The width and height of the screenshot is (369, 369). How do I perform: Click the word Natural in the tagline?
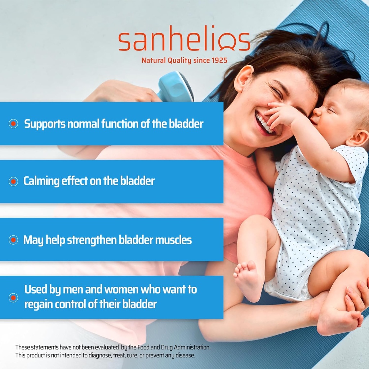(154, 60)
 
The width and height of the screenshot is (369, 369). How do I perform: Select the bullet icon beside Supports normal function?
(13, 124)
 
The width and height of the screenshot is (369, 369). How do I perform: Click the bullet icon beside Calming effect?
(13, 181)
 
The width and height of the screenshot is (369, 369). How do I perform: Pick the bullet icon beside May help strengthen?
(13, 240)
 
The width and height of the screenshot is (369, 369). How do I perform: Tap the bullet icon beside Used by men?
(13, 297)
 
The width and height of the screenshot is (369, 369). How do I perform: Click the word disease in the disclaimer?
(184, 355)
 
